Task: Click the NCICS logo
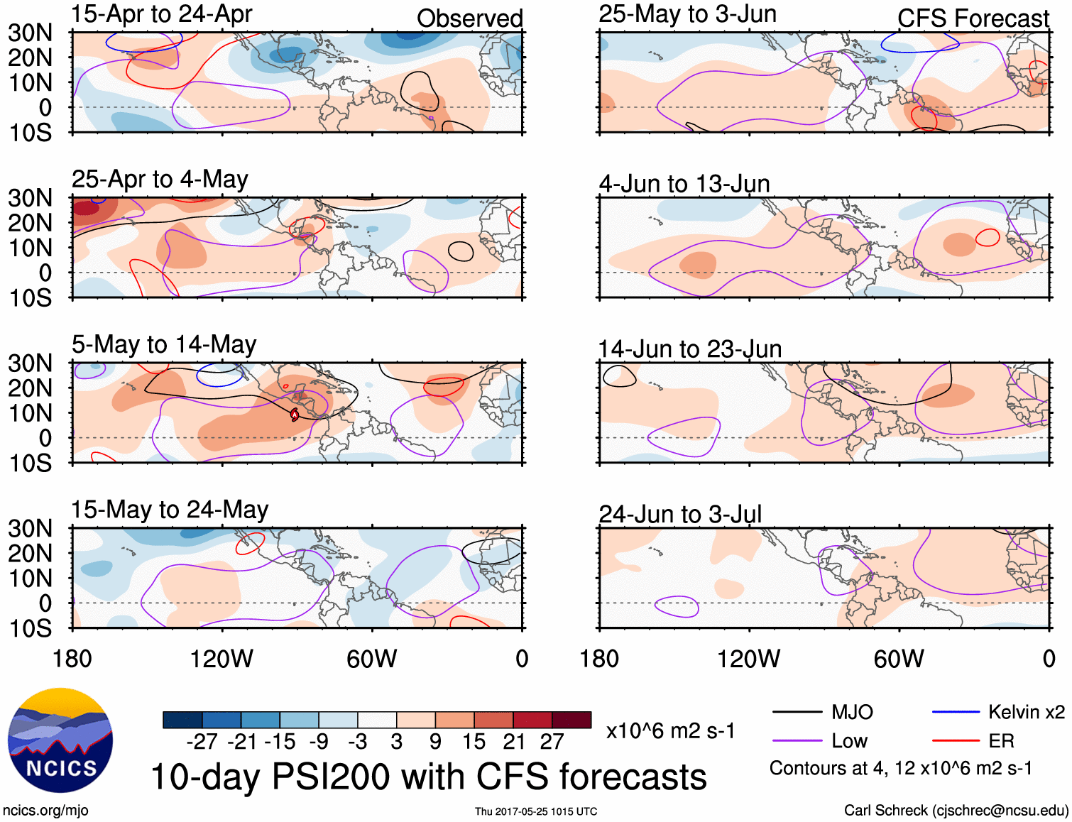pyautogui.click(x=60, y=740)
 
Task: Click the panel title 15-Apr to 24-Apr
pyautogui.click(x=162, y=14)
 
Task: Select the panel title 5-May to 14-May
pyautogui.click(x=164, y=345)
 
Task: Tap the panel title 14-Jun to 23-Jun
pyautogui.click(x=690, y=349)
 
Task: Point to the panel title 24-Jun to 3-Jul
pyautogui.click(x=680, y=515)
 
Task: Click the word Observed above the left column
pyautogui.click(x=469, y=18)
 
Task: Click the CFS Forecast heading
pyautogui.click(x=973, y=18)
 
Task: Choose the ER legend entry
pyautogui.click(x=1001, y=741)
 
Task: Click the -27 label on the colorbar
pyautogui.click(x=202, y=742)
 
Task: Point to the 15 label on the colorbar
pyautogui.click(x=474, y=742)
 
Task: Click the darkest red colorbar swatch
pyautogui.click(x=571, y=720)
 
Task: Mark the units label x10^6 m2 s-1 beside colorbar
pyautogui.click(x=670, y=731)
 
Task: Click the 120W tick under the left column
pyautogui.click(x=221, y=659)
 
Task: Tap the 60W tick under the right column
pyautogui.click(x=899, y=659)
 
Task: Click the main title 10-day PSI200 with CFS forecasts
pyautogui.click(x=429, y=777)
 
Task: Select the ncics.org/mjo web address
pyautogui.click(x=45, y=811)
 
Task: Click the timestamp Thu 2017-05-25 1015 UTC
pyautogui.click(x=536, y=811)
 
